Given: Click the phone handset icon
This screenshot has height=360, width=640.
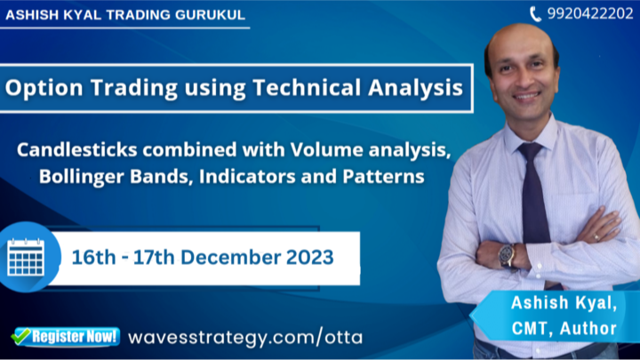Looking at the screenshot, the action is pos(535,14).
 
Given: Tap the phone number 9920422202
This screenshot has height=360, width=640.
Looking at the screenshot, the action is pos(590,14).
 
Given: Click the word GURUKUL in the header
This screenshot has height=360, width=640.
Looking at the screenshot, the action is pos(210,15).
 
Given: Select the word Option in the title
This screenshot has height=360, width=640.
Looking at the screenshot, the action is pos(44,87).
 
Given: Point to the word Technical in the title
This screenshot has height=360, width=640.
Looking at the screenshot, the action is pos(307,87).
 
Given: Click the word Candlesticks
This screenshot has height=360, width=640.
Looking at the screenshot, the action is pos(76,150).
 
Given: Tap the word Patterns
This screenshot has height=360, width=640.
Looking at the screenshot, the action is pos(383,176).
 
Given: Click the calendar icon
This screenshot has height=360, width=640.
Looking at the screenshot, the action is pos(26,257).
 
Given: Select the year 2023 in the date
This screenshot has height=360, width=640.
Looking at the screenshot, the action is pos(310,257).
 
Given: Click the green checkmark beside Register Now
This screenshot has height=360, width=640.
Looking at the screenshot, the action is pos(20,336).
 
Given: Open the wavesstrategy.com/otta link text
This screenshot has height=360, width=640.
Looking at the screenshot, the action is pos(245,337).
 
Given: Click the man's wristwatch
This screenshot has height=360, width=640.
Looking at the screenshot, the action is pos(507,255).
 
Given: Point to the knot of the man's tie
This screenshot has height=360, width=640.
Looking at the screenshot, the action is pos(530,152).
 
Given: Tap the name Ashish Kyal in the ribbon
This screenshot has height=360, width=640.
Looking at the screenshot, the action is pos(564,303).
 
